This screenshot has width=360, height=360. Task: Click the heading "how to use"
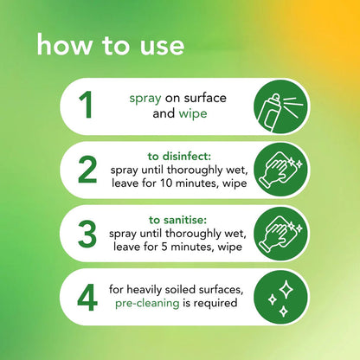[111, 45]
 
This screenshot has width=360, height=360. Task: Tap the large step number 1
[86, 105]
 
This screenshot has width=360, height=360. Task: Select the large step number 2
[87, 170]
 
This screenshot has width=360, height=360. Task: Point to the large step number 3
[87, 234]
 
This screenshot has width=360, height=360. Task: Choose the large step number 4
[87, 297]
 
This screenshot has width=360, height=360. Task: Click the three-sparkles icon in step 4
[280, 298]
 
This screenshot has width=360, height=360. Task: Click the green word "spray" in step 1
[145, 99]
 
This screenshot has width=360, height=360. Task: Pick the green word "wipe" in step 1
[193, 113]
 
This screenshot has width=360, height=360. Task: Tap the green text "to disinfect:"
[179, 157]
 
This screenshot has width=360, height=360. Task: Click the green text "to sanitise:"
[177, 220]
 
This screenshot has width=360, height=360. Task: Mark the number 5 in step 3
[164, 247]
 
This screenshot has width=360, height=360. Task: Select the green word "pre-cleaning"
[147, 304]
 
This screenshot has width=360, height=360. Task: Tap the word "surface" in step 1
[205, 98]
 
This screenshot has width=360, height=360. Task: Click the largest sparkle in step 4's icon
[286, 289]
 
